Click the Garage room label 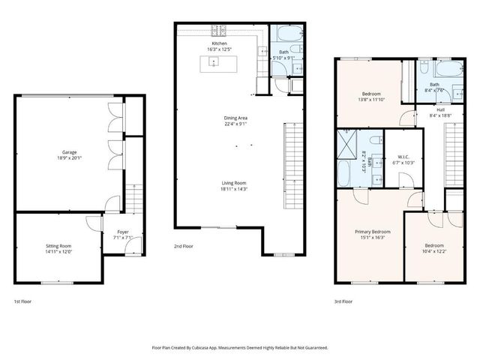tap(69, 151)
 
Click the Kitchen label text tap(219, 43)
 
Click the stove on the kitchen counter tap(218, 31)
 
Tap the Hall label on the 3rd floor tap(433, 109)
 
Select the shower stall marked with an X tap(347, 141)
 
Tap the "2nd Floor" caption tap(184, 246)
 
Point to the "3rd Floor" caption tap(344, 301)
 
